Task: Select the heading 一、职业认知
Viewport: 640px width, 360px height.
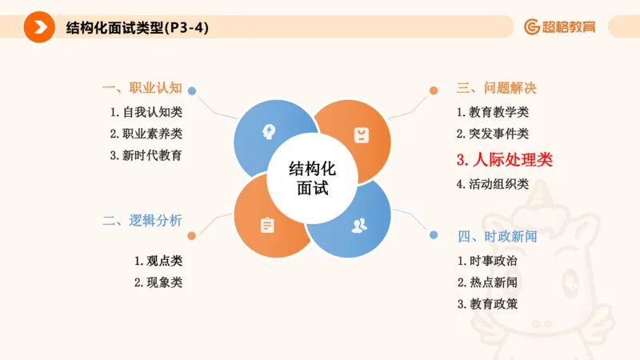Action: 142,88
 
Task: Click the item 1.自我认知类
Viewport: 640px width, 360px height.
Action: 146,112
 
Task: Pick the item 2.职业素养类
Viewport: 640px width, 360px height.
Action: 146,134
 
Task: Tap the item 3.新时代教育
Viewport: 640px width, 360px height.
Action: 146,155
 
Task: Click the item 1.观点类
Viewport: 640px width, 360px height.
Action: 158,260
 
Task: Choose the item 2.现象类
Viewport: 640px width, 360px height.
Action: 158,282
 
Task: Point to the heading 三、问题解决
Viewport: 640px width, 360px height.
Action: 497,89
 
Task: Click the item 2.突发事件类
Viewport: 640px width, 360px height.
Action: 492,134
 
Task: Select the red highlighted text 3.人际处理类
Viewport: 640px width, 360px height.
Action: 504,159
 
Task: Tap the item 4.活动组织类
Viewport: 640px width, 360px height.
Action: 492,183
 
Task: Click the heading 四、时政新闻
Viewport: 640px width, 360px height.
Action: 497,236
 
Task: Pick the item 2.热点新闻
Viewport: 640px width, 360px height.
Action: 487,282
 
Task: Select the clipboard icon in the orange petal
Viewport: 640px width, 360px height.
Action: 266,226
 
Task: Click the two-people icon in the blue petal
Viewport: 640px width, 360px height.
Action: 359,225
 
